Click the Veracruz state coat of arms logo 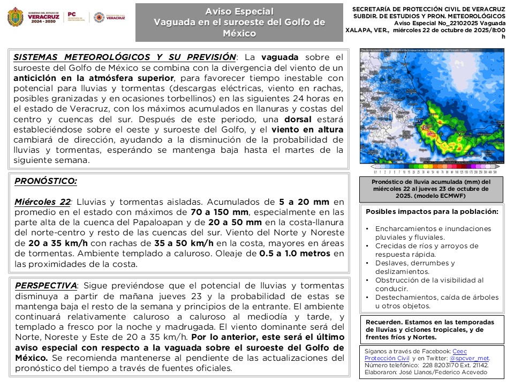click(16, 17)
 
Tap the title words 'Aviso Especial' click(239, 11)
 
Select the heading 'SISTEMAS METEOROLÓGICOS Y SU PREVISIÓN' click(125, 57)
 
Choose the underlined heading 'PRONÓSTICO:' click(46, 181)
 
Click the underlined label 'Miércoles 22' click(43, 202)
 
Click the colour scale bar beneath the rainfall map click(432, 172)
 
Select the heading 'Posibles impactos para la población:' click(432, 211)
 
